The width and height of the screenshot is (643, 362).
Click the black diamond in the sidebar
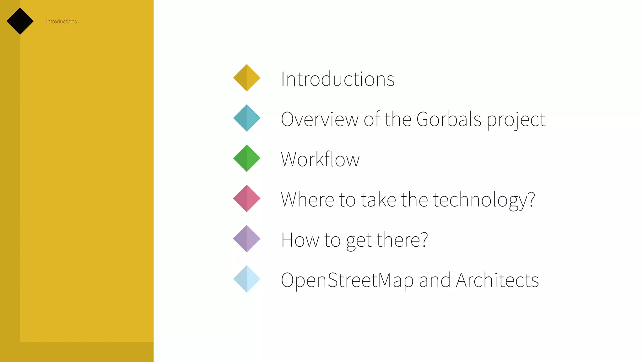(x=20, y=21)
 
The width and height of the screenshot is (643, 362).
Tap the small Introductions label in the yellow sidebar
(x=61, y=21)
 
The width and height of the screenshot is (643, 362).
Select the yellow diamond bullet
(x=247, y=78)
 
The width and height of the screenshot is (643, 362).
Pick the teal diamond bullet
(x=247, y=118)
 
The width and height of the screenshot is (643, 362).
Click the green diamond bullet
(x=247, y=158)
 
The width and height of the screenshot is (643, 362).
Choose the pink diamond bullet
(x=247, y=199)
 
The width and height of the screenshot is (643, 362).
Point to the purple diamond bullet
(x=247, y=239)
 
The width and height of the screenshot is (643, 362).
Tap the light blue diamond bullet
(x=247, y=279)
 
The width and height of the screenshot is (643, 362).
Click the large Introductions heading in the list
(x=338, y=79)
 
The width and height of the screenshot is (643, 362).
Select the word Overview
(x=320, y=119)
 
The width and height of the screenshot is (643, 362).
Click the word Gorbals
(x=449, y=119)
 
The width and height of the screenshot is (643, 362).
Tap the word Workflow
(x=320, y=159)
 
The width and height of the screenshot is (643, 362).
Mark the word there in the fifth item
(x=402, y=240)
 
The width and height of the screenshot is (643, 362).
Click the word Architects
(x=497, y=280)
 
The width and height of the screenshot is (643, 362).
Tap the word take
(x=378, y=200)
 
